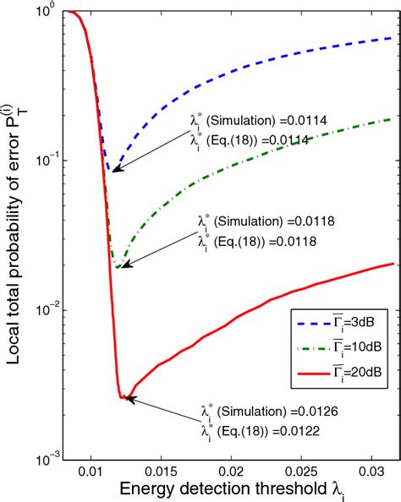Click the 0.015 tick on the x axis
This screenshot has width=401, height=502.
(x=166, y=467)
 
